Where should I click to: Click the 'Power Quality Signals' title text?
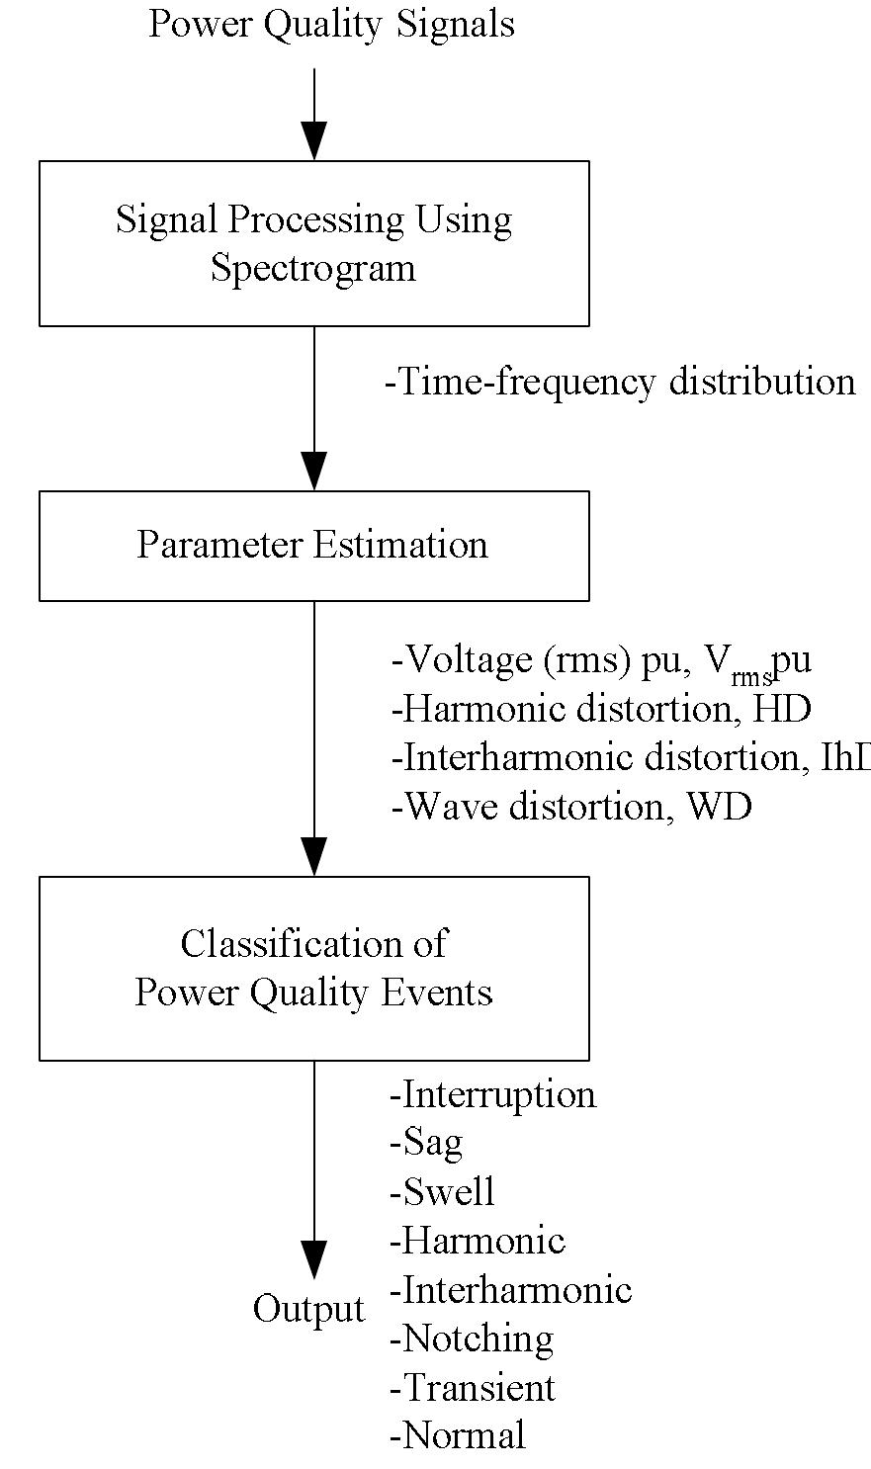coord(331,24)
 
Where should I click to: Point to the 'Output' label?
coord(308,1309)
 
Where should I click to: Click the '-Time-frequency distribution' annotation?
coord(620,382)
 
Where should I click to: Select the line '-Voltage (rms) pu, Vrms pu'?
coord(601,660)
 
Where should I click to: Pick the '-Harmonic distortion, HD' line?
coord(601,709)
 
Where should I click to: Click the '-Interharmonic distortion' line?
coord(629,757)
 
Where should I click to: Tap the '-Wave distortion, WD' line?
coord(571,807)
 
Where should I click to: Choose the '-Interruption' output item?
coord(493,1094)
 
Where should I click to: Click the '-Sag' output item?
coord(426,1143)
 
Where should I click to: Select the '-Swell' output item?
coord(442,1191)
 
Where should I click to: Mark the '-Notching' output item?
coord(472,1339)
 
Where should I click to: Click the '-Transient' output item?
coord(473,1387)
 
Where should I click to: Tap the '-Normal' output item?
coord(458,1435)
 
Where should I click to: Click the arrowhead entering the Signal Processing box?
coord(314,140)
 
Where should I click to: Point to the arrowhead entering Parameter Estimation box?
coord(314,470)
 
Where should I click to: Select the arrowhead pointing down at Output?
coord(314,1259)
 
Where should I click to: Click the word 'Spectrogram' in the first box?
coord(312,268)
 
